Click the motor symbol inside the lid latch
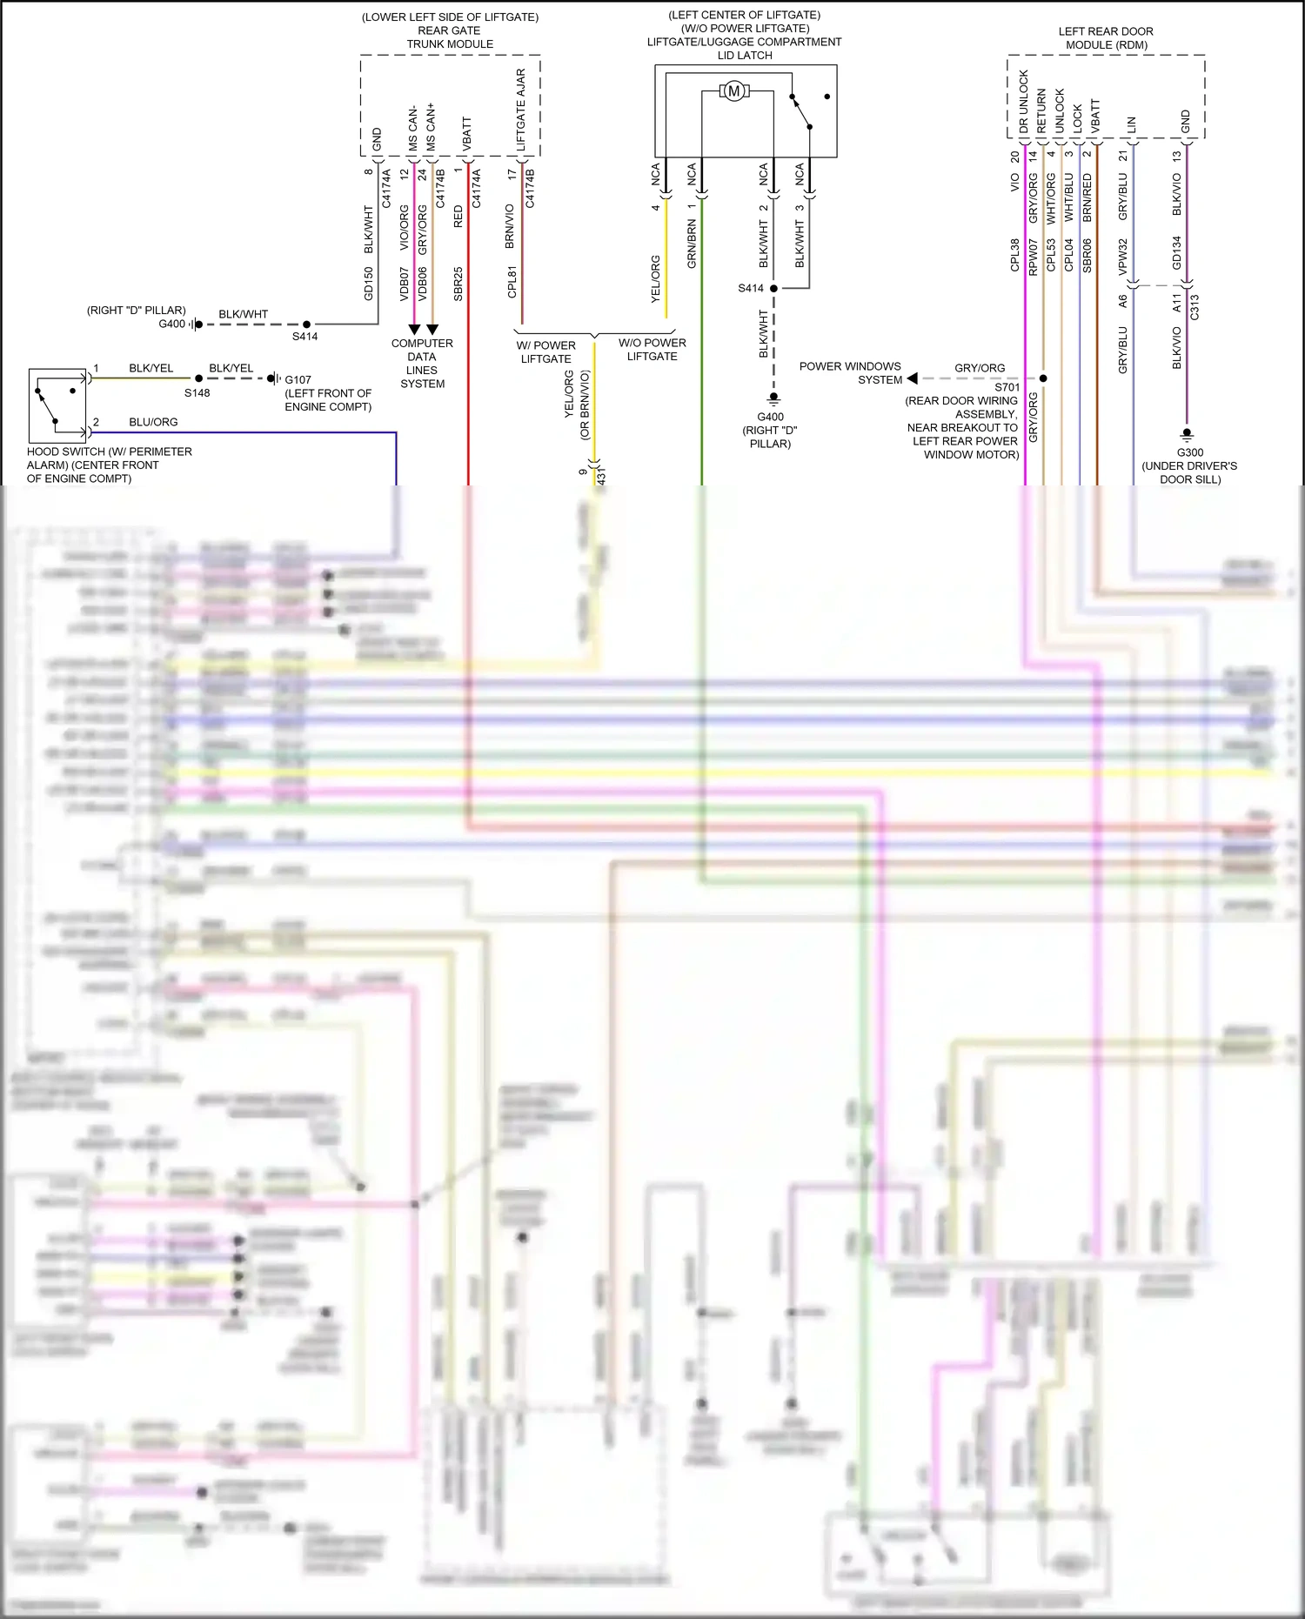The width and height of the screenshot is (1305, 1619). (x=733, y=91)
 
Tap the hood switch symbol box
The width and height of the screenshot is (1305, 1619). (x=57, y=405)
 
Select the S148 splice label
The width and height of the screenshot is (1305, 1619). (x=197, y=393)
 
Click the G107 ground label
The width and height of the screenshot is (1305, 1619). (x=298, y=379)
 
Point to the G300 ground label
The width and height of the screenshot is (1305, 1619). (x=1189, y=452)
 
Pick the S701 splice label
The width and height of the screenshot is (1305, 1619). (x=1007, y=387)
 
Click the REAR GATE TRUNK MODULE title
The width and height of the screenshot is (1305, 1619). (x=449, y=37)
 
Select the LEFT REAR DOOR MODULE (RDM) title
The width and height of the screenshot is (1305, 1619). (x=1106, y=38)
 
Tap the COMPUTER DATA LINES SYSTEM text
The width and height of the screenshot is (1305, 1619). (x=422, y=364)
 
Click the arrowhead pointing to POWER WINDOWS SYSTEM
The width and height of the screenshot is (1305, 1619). (x=912, y=378)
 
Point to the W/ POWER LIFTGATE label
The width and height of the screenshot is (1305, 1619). (x=545, y=351)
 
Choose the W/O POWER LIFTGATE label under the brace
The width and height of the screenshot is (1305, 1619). (x=652, y=350)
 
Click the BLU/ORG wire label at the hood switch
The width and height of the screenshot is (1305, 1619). (x=153, y=422)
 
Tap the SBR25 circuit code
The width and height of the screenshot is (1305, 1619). (x=458, y=284)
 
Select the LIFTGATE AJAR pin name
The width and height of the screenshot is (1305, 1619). (x=521, y=109)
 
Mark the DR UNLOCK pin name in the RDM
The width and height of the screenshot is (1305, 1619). (x=1024, y=101)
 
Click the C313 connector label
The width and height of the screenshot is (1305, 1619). (x=1195, y=306)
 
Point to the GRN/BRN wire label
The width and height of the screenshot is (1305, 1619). (x=692, y=244)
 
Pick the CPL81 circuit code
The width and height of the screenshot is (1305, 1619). (x=512, y=282)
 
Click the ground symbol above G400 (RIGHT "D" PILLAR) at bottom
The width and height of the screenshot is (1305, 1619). (x=773, y=398)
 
